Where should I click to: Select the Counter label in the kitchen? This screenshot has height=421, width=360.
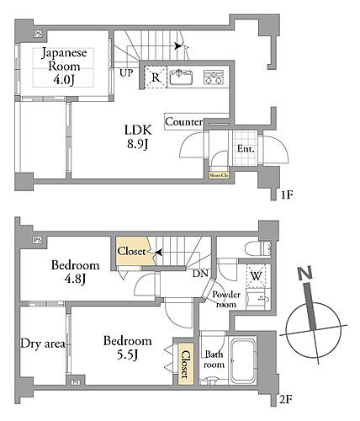pyautogui.click(x=184, y=123)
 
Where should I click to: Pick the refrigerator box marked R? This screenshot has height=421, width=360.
pyautogui.click(x=156, y=77)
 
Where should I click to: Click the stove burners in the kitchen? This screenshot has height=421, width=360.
pyautogui.click(x=213, y=77)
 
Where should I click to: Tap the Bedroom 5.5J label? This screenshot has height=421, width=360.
pyautogui.click(x=127, y=349)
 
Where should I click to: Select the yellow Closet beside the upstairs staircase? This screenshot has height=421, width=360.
pyautogui.click(x=132, y=252)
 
